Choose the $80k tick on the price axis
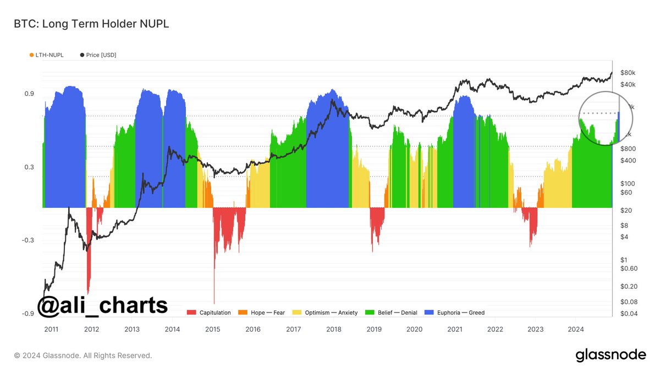coord(628,73)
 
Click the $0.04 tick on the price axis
coord(629,314)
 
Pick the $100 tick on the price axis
coord(628,183)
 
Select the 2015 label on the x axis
coord(213,330)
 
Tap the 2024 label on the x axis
coord(575,330)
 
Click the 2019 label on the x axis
coord(374,330)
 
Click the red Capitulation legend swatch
coord(191,312)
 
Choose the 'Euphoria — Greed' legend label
coord(461,312)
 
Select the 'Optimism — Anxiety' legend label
coord(333,312)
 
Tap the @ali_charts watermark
coord(102,305)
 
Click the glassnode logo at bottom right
coord(610,355)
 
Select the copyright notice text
coord(83,355)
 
